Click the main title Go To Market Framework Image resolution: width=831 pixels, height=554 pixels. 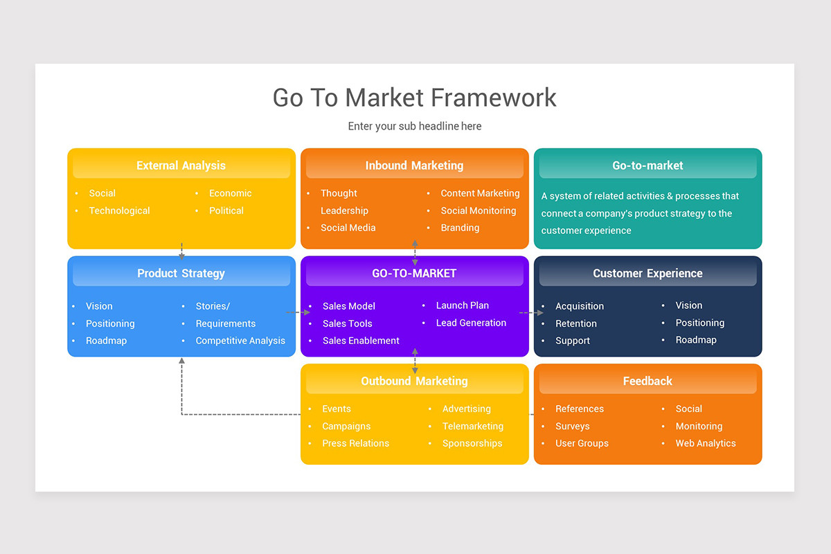click(x=414, y=98)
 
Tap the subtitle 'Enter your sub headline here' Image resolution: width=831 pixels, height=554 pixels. click(x=414, y=126)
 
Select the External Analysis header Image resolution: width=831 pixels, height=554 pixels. click(x=181, y=166)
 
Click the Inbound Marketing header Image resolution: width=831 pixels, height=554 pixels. click(x=414, y=166)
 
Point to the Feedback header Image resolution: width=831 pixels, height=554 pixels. click(x=647, y=381)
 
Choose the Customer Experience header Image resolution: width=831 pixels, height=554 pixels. click(x=647, y=274)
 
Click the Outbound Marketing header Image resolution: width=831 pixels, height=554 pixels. click(x=414, y=381)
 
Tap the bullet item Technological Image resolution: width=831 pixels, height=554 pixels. click(x=119, y=211)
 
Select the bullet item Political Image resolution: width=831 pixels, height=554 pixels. click(x=226, y=211)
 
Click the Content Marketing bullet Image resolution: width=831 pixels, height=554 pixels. click(x=480, y=193)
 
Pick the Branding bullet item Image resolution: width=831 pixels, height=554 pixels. click(x=460, y=228)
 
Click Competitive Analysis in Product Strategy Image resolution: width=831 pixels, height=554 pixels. click(x=240, y=341)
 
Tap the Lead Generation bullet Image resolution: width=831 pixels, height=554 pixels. click(x=471, y=323)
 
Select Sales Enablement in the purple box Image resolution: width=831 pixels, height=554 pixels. click(x=361, y=341)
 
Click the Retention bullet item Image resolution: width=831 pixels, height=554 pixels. click(x=575, y=323)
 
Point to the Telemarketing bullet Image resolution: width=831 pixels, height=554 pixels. click(x=473, y=427)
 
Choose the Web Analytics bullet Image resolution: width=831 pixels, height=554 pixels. click(x=706, y=443)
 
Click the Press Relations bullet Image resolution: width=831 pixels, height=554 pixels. click(x=355, y=443)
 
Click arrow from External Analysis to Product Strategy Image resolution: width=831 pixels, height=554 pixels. click(x=181, y=251)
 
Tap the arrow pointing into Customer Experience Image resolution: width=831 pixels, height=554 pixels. click(x=532, y=313)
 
